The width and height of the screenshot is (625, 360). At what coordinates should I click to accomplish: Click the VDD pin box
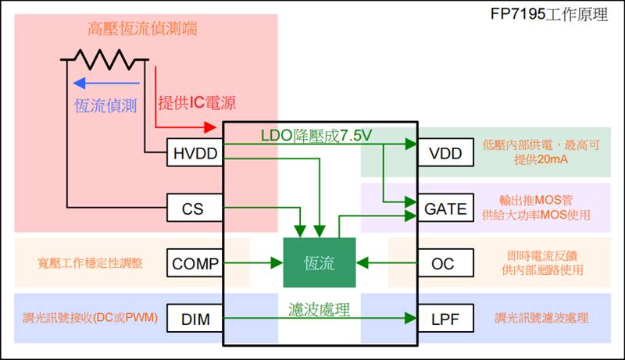[x=445, y=153]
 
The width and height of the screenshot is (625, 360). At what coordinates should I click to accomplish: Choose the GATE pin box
[x=445, y=209]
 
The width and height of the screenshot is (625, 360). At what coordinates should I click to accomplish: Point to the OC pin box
[x=445, y=263]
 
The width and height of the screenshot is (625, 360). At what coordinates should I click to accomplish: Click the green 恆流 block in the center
[x=319, y=263]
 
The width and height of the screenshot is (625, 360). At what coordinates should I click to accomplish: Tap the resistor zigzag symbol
[x=105, y=59]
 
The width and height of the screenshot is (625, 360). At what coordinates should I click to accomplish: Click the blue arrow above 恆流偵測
[x=105, y=84]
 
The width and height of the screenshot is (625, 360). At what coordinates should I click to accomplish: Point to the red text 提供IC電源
[x=197, y=102]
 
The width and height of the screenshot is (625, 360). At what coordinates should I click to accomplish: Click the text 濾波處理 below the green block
[x=319, y=309]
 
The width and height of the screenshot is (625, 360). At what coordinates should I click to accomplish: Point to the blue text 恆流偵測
[x=105, y=104]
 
